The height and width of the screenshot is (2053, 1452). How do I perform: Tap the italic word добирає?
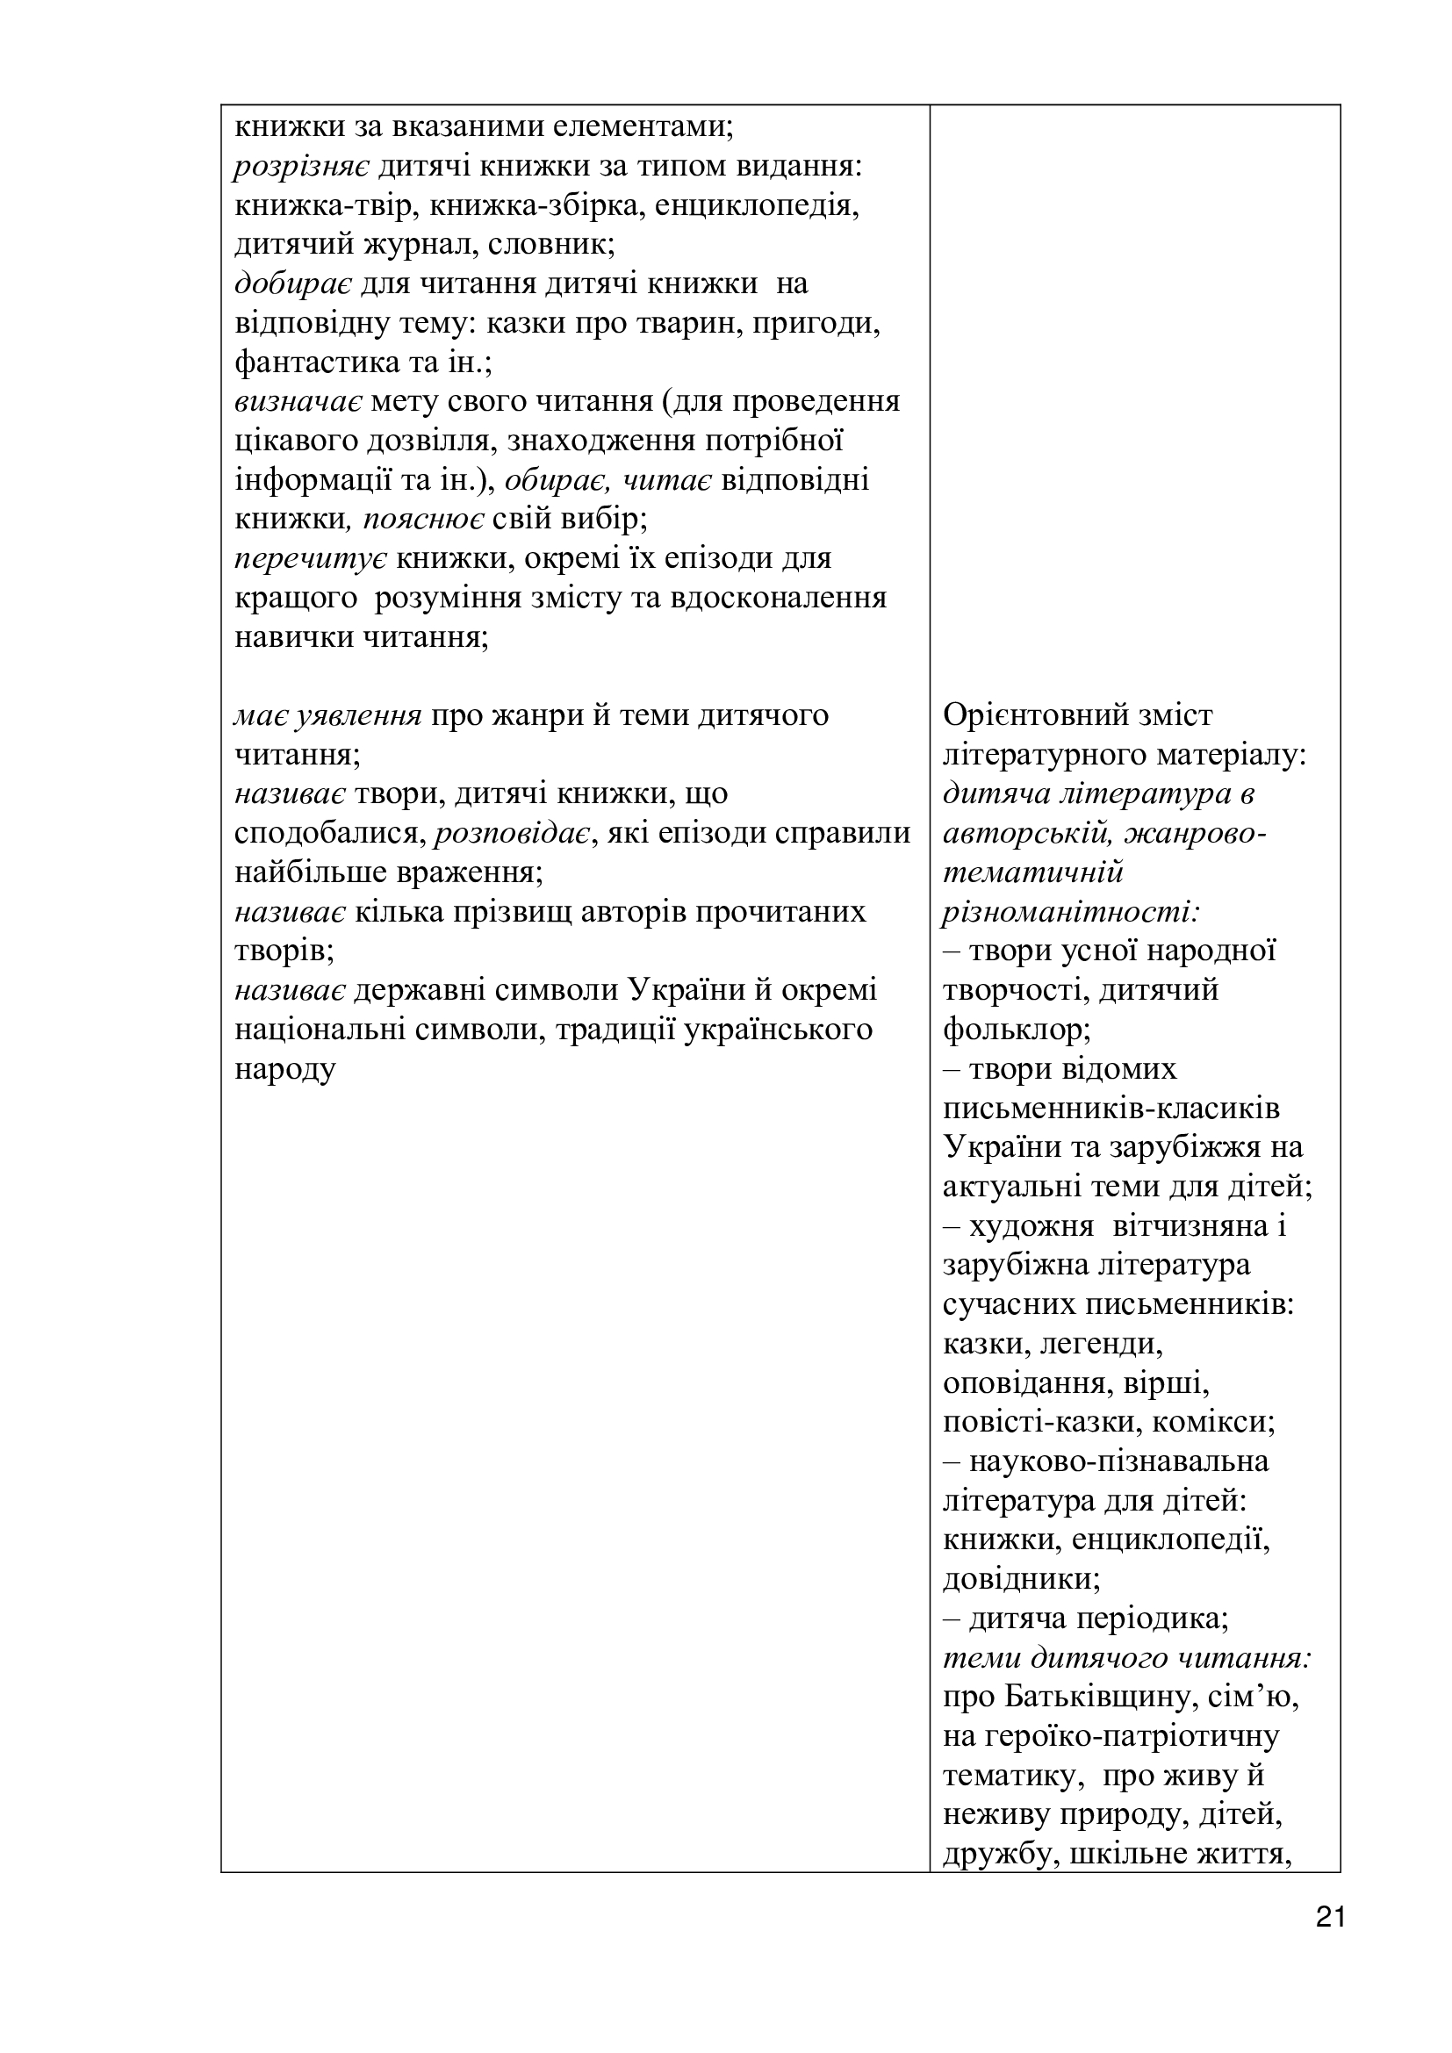tap(293, 284)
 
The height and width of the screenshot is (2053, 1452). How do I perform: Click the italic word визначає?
tap(298, 402)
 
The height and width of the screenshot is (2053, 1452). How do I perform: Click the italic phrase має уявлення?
tap(328, 715)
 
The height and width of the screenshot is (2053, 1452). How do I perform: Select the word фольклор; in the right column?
tap(1017, 1030)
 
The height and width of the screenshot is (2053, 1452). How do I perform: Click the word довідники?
tap(1021, 1579)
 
